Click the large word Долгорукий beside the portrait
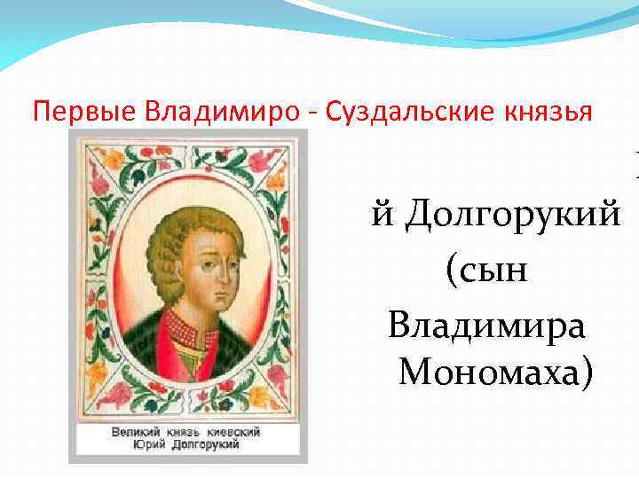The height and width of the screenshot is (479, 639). click(x=511, y=216)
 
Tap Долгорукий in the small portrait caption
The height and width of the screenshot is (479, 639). click(x=205, y=444)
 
